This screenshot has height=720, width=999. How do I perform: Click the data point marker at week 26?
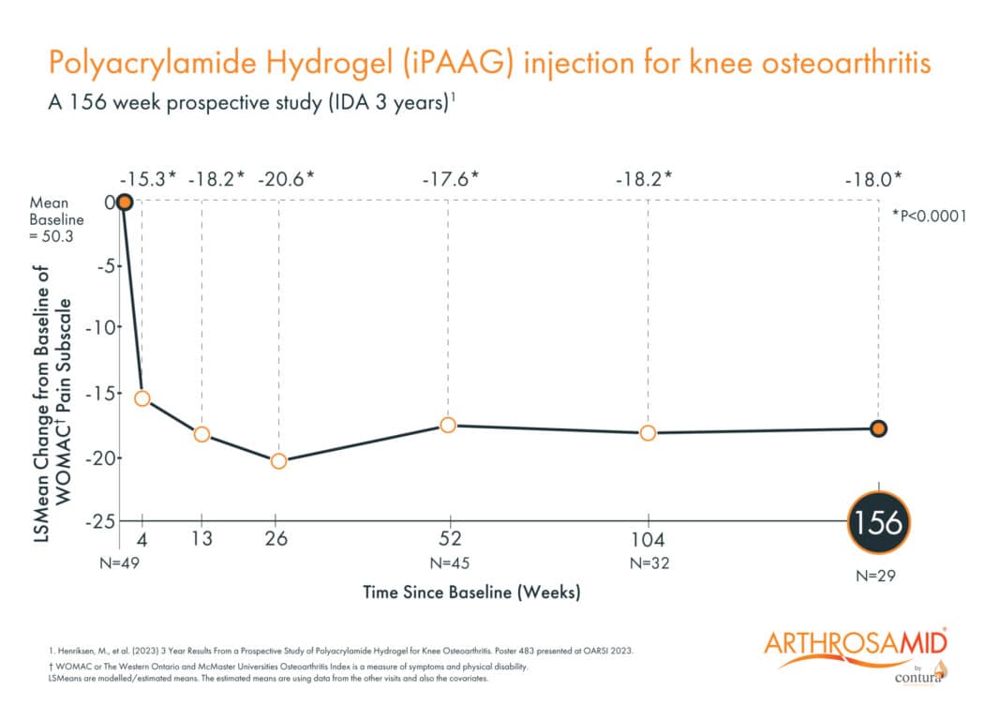(278, 461)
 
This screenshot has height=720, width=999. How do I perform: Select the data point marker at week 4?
(142, 398)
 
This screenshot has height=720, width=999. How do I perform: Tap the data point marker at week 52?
(448, 425)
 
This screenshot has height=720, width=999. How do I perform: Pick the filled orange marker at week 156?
(878, 428)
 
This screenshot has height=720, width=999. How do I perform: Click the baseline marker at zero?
(124, 202)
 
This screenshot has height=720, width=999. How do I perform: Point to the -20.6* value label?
(278, 177)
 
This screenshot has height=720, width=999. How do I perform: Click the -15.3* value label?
(148, 177)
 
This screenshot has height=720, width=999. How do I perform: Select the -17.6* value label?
(448, 177)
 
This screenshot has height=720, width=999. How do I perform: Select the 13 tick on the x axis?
(201, 538)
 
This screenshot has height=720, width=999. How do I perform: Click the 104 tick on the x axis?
(648, 538)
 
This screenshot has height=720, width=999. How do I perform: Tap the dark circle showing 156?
(879, 522)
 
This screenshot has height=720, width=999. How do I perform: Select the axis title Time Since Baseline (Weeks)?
(471, 592)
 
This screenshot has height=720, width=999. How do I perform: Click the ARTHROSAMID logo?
(857, 645)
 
